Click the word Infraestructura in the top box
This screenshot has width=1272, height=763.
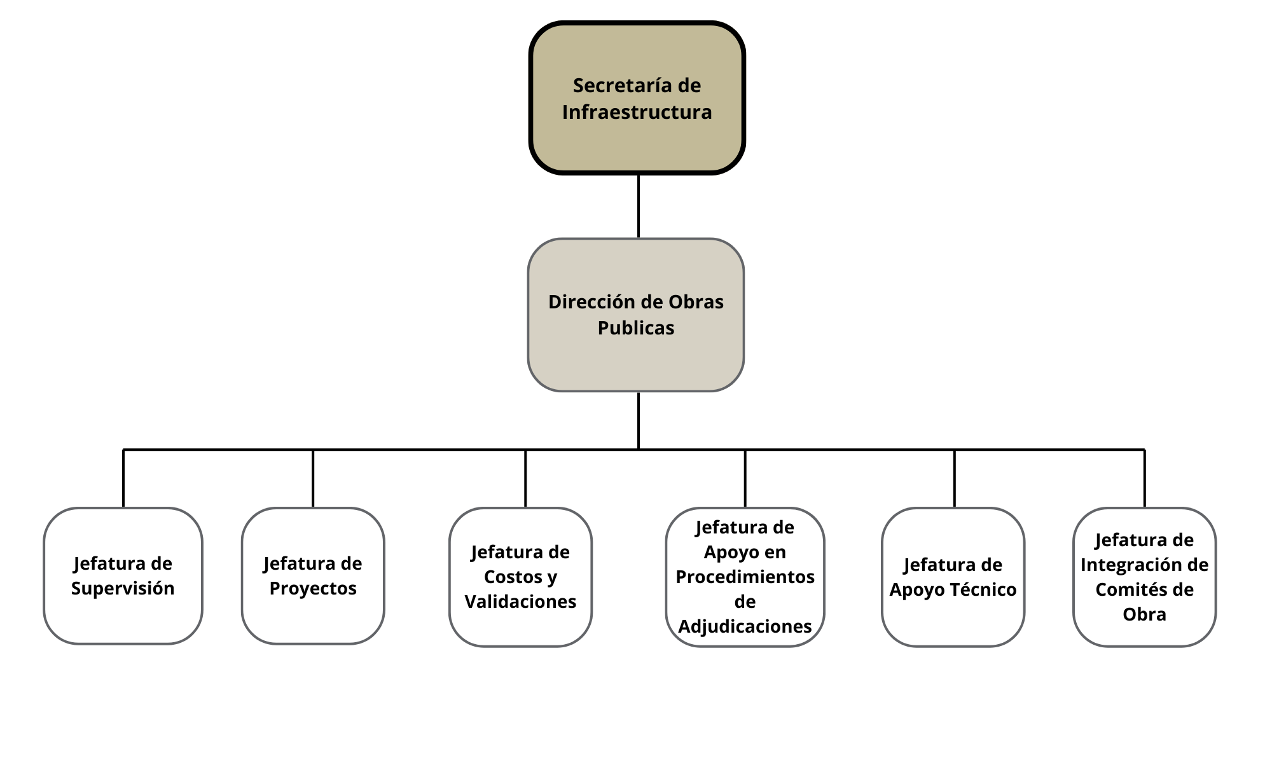pyautogui.click(x=637, y=113)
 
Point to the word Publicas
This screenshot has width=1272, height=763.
pyautogui.click(x=636, y=328)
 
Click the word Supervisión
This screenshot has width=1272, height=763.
pyautogui.click(x=123, y=589)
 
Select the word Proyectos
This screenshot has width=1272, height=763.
pyautogui.click(x=313, y=589)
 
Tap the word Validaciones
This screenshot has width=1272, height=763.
pyautogui.click(x=520, y=601)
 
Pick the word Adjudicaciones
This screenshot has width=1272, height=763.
pyautogui.click(x=745, y=627)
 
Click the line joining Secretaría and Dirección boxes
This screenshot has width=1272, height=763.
pyautogui.click(x=638, y=206)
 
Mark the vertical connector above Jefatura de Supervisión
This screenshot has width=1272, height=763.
pyautogui.click(x=123, y=478)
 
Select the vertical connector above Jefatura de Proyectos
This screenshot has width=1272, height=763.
pyautogui.click(x=313, y=478)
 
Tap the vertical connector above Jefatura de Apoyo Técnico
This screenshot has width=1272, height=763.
pyautogui.click(x=954, y=478)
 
